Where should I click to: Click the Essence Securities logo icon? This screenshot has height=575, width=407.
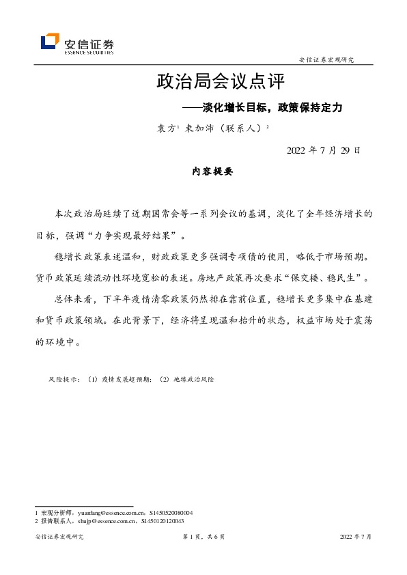(50, 42)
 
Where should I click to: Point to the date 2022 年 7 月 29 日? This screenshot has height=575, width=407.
(324, 150)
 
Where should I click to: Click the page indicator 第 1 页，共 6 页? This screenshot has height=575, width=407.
(203, 537)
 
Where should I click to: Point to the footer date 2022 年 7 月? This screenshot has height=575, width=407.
(355, 537)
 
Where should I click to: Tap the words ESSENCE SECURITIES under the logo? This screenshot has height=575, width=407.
(89, 51)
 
